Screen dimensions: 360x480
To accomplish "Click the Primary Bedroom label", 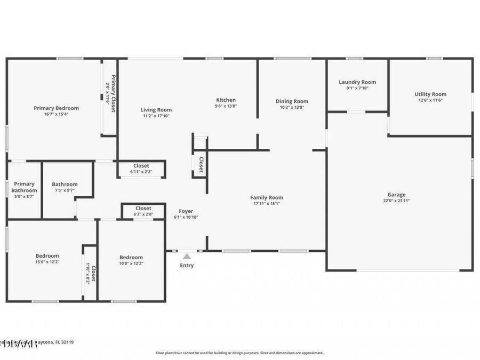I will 56,108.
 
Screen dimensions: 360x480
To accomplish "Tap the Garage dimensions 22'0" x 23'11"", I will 396,201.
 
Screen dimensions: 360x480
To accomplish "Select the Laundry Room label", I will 357,82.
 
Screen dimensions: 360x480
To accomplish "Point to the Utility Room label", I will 430,94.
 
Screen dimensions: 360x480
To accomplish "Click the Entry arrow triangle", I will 187,257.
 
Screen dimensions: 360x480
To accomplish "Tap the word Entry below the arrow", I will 187,266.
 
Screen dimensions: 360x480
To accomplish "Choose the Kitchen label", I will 226,100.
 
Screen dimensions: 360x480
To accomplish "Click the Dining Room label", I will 292,101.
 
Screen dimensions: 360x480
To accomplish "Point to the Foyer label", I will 186,211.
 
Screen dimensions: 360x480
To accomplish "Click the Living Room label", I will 156,110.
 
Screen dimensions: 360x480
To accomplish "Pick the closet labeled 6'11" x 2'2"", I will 141,169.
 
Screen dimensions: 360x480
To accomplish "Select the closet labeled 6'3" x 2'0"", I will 143,211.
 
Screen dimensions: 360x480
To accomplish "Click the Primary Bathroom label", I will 25,187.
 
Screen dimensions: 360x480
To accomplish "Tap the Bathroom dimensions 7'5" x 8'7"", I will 65,190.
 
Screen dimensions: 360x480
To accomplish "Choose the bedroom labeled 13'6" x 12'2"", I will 47,259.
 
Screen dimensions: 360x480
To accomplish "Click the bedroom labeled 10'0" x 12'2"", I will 131,260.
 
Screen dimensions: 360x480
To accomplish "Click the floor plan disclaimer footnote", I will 239,353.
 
